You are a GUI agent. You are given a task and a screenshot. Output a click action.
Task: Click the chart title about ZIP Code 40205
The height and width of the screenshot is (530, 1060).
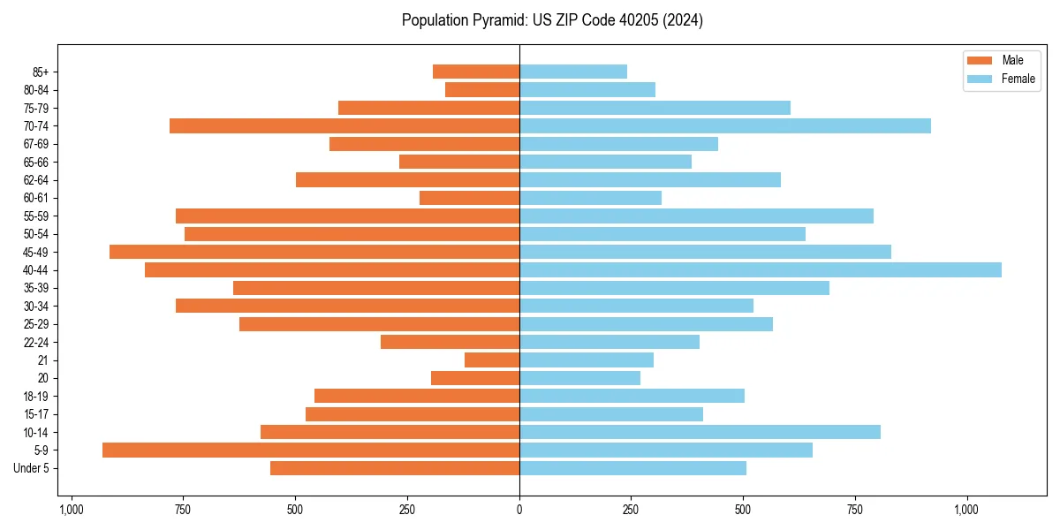(552, 20)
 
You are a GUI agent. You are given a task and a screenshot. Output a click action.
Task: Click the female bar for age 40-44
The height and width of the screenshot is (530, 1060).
(760, 269)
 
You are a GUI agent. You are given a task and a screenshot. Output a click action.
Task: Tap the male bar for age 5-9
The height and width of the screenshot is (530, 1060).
(311, 450)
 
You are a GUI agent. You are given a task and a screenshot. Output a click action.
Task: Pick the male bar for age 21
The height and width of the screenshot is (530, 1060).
(492, 360)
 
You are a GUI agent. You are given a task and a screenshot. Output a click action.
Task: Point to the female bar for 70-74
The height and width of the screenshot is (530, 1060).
(724, 125)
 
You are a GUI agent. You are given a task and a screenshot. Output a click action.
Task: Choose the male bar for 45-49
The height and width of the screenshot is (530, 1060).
(314, 252)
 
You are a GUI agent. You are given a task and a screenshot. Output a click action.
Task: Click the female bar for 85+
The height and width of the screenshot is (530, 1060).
(573, 72)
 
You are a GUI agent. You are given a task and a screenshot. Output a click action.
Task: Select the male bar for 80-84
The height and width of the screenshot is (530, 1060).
(482, 89)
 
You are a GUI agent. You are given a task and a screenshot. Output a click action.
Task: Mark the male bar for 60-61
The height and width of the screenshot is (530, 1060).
(469, 198)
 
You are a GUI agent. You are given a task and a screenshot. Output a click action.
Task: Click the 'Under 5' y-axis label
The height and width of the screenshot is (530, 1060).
(31, 468)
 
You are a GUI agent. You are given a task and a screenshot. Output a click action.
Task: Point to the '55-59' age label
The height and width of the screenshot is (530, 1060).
(35, 216)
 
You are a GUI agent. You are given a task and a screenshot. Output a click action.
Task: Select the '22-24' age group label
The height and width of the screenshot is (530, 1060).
(35, 342)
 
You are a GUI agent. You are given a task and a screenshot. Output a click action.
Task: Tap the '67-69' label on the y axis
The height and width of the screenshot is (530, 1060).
(35, 144)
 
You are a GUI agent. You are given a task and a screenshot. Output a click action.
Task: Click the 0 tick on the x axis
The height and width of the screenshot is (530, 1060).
(519, 510)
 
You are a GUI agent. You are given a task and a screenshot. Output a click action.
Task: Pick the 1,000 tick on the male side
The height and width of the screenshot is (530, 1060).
(72, 510)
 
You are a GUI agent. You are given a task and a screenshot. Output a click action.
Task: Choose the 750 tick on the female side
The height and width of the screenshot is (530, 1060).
(855, 510)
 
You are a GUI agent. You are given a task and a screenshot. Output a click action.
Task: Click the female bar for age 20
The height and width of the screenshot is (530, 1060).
(579, 378)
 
